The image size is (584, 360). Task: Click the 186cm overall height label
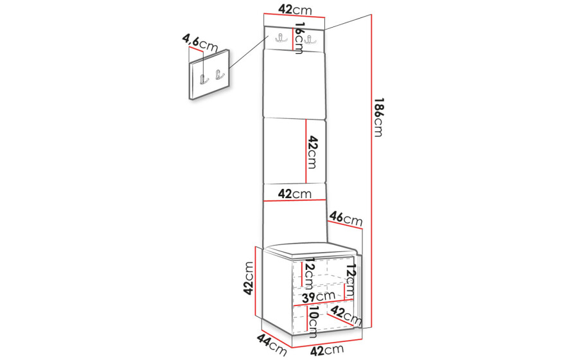pyautogui.click(x=378, y=118)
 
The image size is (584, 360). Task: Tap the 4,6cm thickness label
pyautogui.click(x=200, y=43)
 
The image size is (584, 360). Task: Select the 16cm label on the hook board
pyautogui.click(x=299, y=38)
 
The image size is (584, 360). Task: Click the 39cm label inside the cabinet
pyautogui.click(x=319, y=297)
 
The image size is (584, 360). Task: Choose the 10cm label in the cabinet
pyautogui.click(x=313, y=322)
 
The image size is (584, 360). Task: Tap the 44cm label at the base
pyautogui.click(x=272, y=345)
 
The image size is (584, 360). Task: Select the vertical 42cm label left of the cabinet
pyautogui.click(x=249, y=278)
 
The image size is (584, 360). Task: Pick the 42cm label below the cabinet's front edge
pyautogui.click(x=326, y=350)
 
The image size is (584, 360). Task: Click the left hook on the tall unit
pyautogui.click(x=279, y=39)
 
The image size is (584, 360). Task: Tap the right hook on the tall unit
pyautogui.click(x=308, y=39)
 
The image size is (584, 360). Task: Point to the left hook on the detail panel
pyautogui.click(x=204, y=79)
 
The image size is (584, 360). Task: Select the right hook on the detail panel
pyautogui.click(x=219, y=75)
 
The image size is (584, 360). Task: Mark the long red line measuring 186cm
pyautogui.click(x=372, y=171)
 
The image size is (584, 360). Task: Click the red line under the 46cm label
pyautogui.click(x=345, y=226)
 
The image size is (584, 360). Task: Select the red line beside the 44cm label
pyautogui.click(x=277, y=339)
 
